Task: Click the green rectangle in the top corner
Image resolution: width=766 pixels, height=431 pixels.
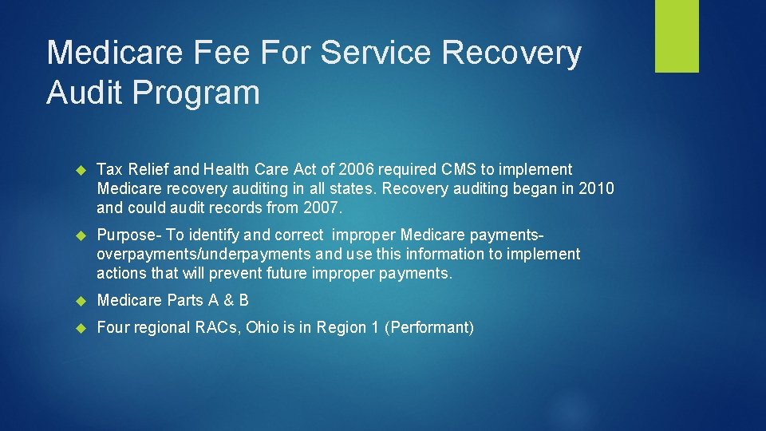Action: tap(677, 36)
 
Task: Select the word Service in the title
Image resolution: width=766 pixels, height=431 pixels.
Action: tap(382, 53)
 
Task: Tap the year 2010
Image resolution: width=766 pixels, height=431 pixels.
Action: tap(597, 188)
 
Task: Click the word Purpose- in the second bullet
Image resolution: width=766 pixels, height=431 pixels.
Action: tap(128, 235)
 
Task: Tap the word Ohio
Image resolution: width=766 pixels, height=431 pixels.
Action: tap(264, 327)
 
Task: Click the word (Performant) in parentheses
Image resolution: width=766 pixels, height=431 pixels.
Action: tap(429, 327)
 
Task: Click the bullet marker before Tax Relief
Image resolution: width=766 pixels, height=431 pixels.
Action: tap(80, 170)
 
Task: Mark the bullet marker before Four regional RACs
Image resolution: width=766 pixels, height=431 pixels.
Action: tap(80, 328)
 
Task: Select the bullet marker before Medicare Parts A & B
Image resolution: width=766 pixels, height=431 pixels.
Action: tap(80, 301)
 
